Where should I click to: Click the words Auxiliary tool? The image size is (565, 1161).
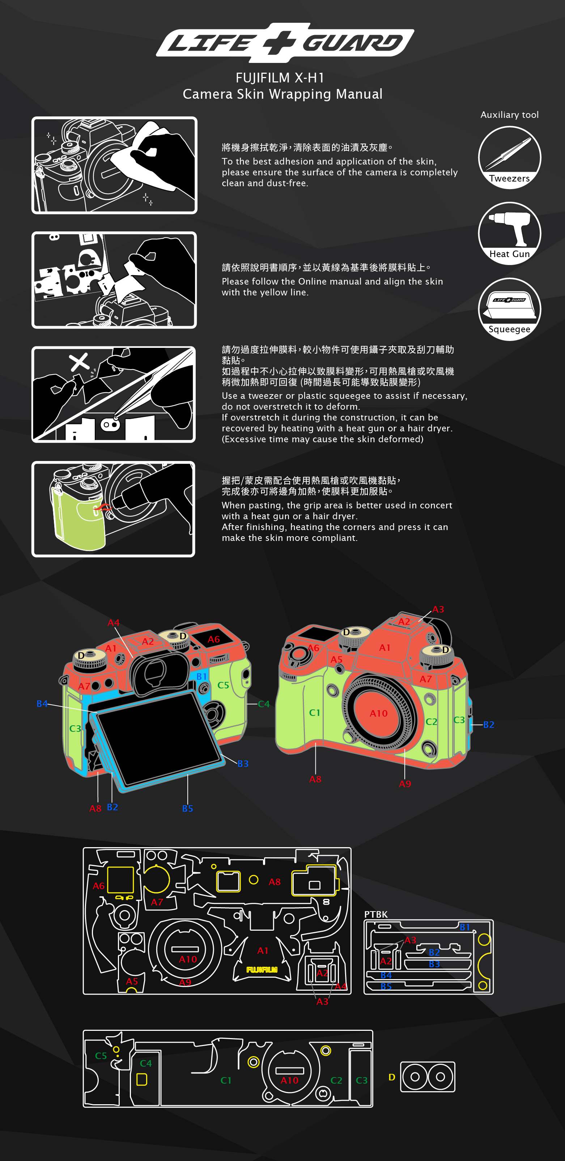[x=510, y=115]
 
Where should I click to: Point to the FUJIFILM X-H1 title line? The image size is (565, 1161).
[x=280, y=78]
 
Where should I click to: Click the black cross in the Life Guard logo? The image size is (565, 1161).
[x=280, y=43]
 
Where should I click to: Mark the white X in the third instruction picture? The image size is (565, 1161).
[x=79, y=362]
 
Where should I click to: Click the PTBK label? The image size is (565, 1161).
[x=375, y=914]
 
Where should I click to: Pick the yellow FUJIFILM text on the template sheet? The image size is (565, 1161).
[x=262, y=969]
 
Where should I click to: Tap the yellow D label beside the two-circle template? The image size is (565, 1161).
[x=392, y=1077]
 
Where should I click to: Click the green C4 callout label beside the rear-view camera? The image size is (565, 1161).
[x=264, y=704]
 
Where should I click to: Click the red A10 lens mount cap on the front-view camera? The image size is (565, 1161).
[x=379, y=713]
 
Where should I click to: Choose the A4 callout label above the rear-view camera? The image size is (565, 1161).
[x=113, y=622]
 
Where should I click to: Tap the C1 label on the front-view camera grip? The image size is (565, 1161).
[x=314, y=713]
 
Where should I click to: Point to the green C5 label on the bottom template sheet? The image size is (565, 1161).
[x=101, y=1055]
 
